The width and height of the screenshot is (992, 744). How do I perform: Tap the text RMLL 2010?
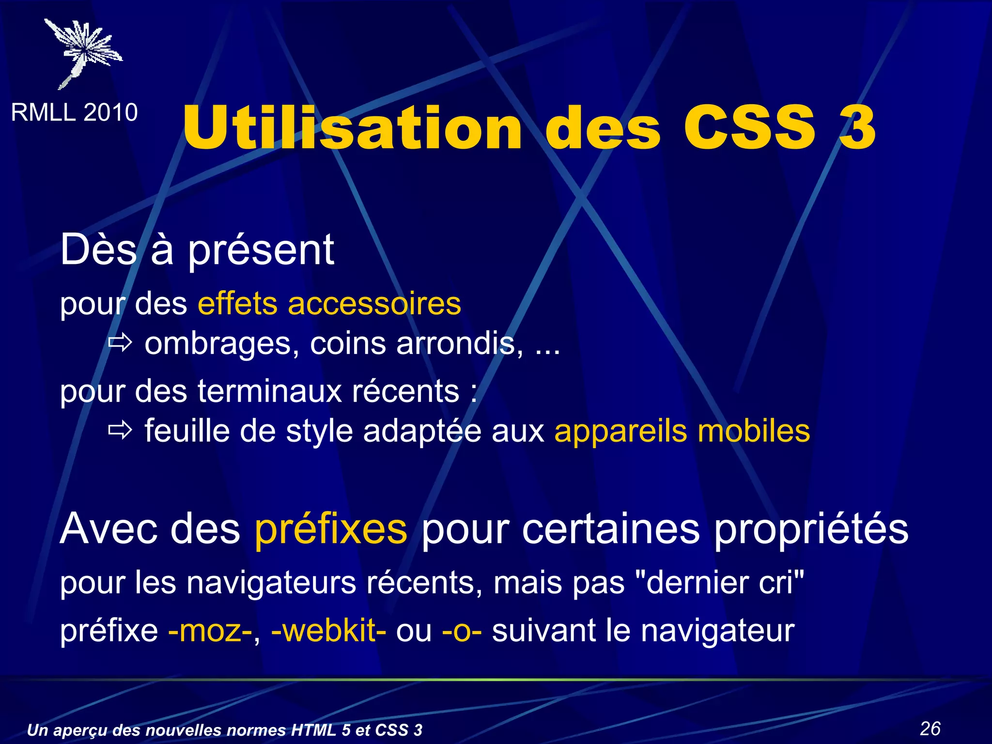pyautogui.click(x=74, y=112)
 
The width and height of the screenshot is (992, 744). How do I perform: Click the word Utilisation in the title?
pyautogui.click(x=353, y=128)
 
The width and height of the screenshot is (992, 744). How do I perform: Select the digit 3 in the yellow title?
pyautogui.click(x=857, y=128)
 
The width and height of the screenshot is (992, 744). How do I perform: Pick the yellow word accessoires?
pyautogui.click(x=374, y=304)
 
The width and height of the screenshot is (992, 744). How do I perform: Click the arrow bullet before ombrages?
pyautogui.click(x=120, y=343)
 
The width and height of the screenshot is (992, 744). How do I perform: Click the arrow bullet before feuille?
pyautogui.click(x=120, y=430)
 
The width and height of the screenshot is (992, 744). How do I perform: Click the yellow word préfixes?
pyautogui.click(x=331, y=529)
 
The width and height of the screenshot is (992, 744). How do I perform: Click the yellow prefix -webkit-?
pyautogui.click(x=328, y=631)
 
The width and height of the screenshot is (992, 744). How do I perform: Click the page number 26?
pyautogui.click(x=930, y=728)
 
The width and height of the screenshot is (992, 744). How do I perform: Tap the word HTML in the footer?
pyautogui.click(x=314, y=730)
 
